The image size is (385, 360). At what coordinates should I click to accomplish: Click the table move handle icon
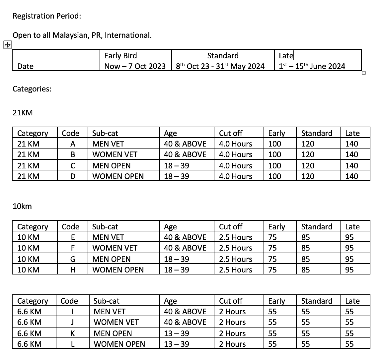[7, 45]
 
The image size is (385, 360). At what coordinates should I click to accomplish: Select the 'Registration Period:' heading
[47, 16]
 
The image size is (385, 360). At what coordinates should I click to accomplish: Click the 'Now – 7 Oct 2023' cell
[135, 66]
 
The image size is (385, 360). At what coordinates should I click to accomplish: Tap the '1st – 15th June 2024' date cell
[312, 66]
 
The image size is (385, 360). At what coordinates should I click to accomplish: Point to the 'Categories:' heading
[32, 89]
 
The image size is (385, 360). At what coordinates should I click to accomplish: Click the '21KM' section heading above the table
[23, 113]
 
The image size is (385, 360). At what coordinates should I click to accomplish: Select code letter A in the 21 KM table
[73, 144]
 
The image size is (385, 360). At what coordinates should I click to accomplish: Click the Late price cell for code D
[351, 176]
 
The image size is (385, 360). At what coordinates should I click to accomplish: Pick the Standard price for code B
[308, 154]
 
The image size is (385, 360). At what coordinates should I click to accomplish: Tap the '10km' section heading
[22, 206]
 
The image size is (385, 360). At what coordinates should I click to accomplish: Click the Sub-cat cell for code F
[115, 248]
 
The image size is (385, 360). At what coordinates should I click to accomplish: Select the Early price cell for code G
[272, 259]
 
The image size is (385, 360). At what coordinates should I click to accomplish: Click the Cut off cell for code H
[235, 270]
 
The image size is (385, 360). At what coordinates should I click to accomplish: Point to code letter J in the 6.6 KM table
[73, 322]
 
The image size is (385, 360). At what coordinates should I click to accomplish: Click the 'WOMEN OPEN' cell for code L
[119, 344]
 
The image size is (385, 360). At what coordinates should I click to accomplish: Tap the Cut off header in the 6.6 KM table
[231, 301]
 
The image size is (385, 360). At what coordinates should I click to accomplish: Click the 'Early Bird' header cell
[120, 56]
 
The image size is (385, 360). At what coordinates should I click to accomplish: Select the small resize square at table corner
[363, 73]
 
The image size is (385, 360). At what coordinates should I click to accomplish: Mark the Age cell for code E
[185, 237]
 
